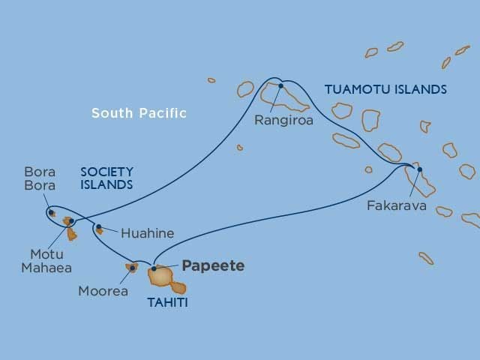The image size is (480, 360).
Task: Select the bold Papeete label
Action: tap(213, 266)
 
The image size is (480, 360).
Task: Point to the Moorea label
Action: tap(103, 290)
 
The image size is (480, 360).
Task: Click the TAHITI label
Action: tap(168, 303)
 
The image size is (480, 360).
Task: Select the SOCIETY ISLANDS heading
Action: tap(106, 178)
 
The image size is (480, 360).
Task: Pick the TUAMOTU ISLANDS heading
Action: tap(385, 90)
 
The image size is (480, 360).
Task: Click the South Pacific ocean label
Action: tap(139, 113)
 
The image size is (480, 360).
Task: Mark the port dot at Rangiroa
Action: tap(281, 85)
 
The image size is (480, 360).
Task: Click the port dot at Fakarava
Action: tap(419, 169)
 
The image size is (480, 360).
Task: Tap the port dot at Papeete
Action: tap(154, 268)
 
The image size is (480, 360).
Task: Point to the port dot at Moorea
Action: tap(133, 268)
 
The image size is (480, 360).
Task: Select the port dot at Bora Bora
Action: tap(52, 212)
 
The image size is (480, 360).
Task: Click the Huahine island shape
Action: tap(99, 230)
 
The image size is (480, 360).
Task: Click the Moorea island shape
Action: tap(129, 267)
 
